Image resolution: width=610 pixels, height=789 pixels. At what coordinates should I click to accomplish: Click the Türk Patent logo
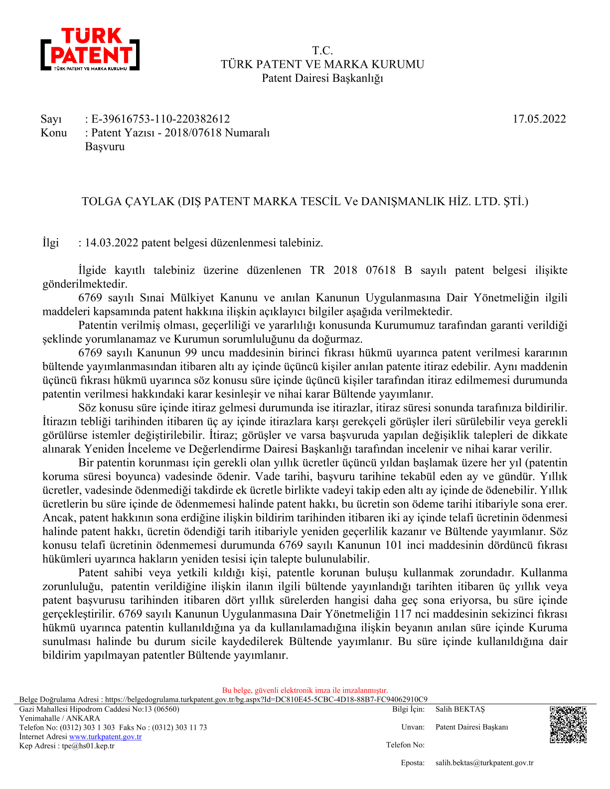click(x=90, y=49)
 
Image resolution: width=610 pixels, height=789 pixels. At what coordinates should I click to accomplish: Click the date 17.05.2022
click(x=539, y=119)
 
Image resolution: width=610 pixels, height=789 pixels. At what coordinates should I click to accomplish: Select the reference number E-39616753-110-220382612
click(x=160, y=119)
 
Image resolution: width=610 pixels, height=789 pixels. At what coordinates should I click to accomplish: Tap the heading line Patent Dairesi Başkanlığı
click(x=322, y=78)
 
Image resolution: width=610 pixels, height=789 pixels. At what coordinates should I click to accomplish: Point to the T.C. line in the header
click(x=322, y=50)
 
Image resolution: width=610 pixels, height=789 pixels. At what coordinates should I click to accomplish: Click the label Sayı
click(x=51, y=119)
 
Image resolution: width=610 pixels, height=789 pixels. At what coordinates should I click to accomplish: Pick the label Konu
click(x=54, y=132)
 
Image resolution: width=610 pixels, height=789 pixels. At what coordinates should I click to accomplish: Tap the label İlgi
click(x=51, y=243)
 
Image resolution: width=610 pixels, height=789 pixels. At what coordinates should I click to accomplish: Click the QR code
click(x=568, y=725)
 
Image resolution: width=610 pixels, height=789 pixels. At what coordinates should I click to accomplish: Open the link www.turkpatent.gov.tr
click(x=105, y=737)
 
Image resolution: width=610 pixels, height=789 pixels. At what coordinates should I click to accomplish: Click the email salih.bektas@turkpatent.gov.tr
click(x=484, y=763)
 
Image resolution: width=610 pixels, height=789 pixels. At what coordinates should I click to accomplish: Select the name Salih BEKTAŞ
click(x=459, y=709)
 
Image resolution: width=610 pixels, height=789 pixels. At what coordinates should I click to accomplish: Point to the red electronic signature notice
click(x=305, y=690)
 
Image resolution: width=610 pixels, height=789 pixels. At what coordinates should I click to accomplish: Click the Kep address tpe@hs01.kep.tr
click(x=88, y=746)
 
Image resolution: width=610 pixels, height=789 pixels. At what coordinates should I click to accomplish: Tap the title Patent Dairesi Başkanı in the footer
click(x=471, y=727)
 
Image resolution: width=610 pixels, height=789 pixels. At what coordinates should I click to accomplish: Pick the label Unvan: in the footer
click(x=413, y=727)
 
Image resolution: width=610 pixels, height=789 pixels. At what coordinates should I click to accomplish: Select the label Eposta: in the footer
click(x=413, y=763)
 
